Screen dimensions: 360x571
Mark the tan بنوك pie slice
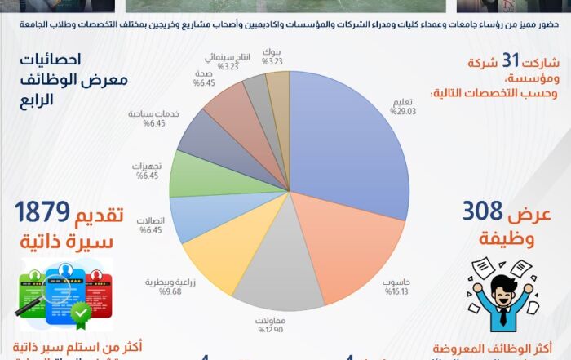click(278, 82)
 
